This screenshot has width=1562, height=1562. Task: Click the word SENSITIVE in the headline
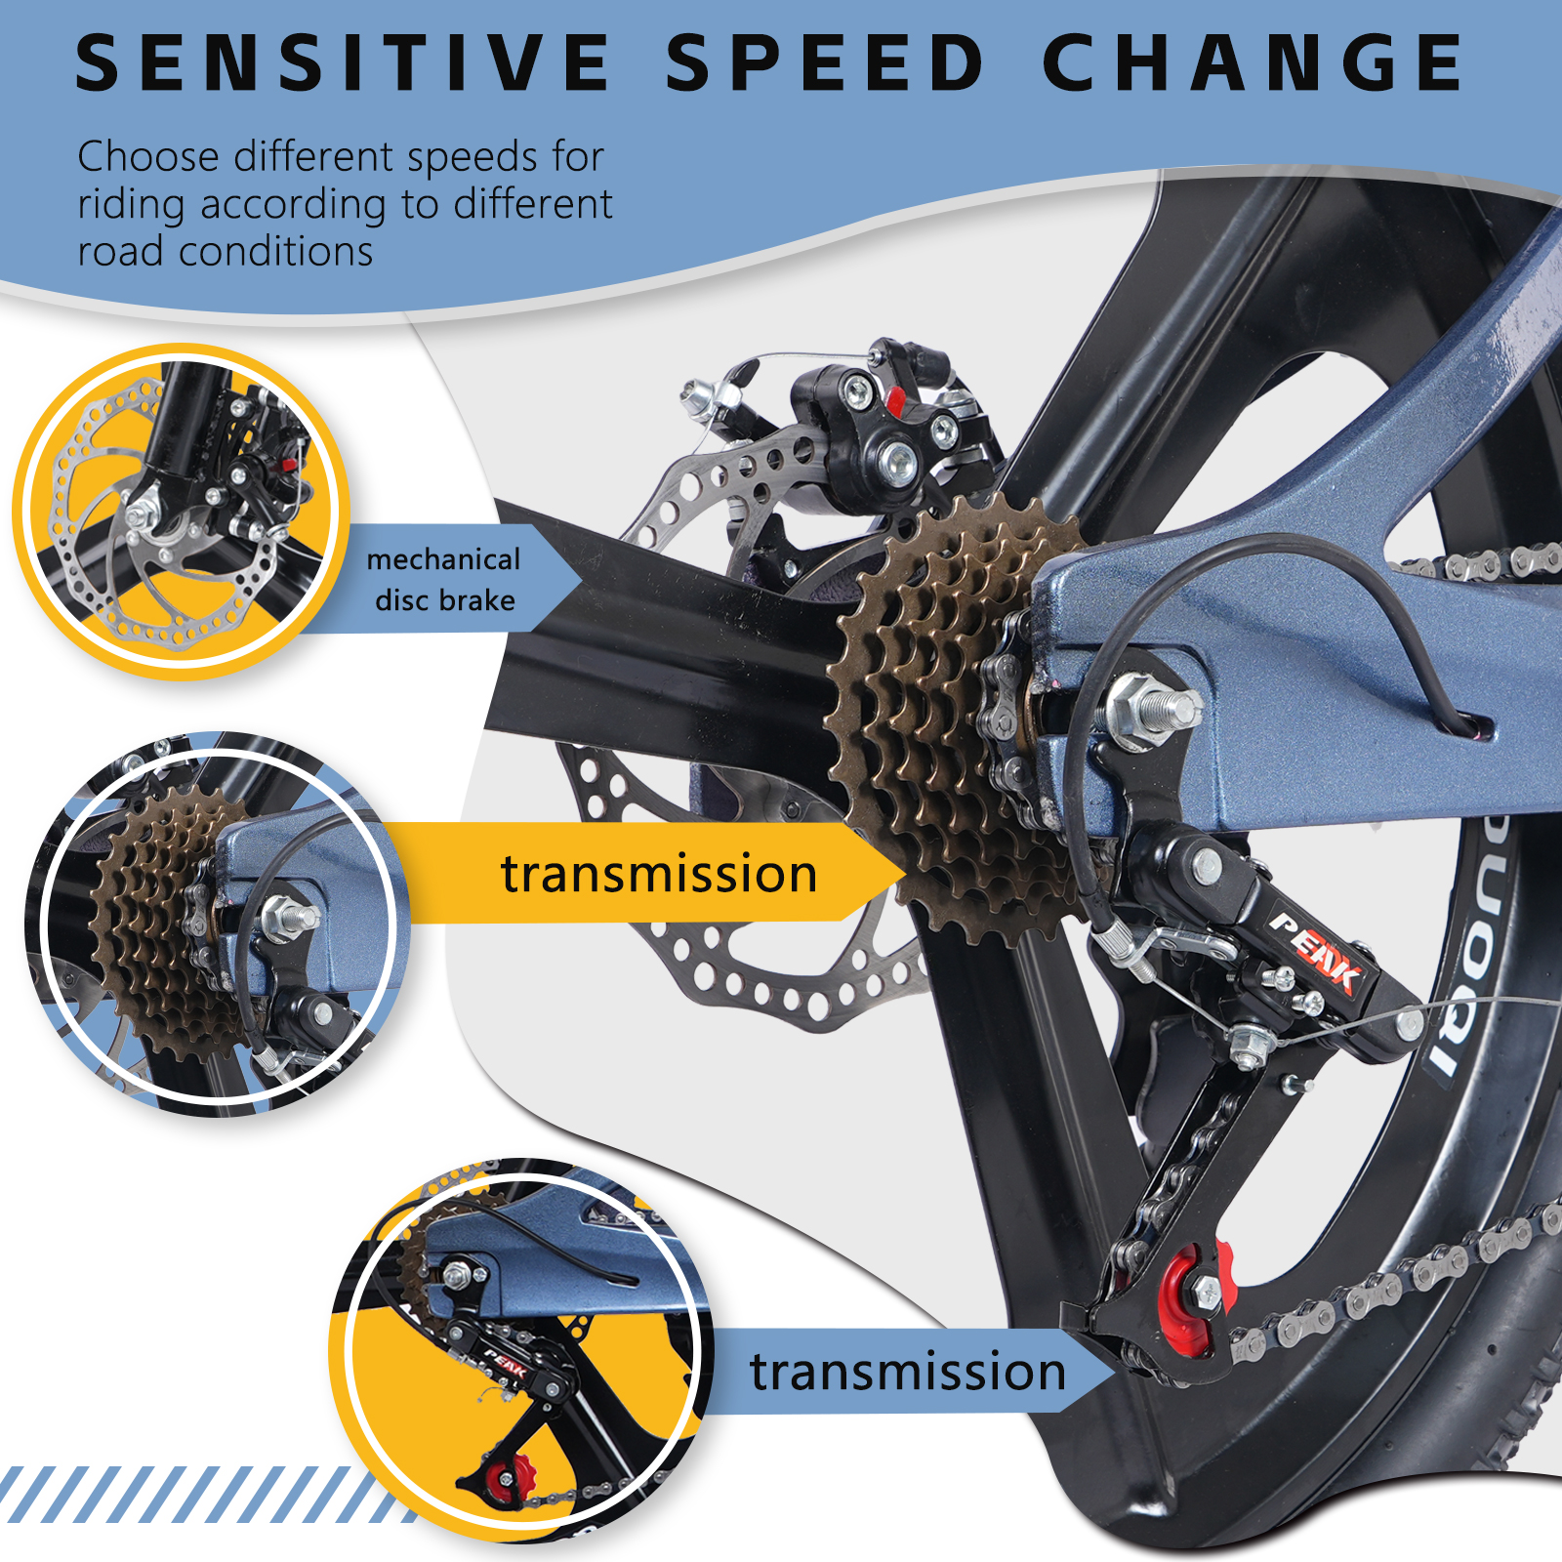coord(343,63)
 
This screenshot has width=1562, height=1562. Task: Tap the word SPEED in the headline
coord(825,63)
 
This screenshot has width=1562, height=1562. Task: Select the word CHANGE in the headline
coord(1254,63)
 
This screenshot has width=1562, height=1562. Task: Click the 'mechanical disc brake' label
coord(444,579)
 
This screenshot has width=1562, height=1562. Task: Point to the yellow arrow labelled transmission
coord(644,872)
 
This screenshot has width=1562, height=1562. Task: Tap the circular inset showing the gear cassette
coord(217,923)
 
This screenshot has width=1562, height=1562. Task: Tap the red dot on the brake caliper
coord(894,400)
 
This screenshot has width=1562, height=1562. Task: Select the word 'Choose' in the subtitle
coord(148,156)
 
